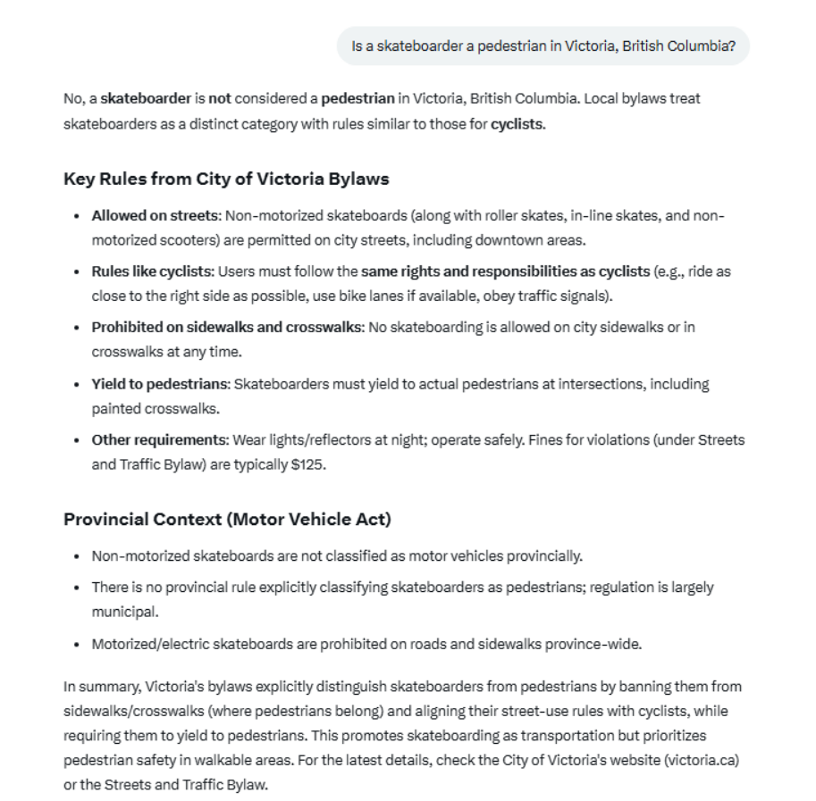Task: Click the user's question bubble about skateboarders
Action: tap(543, 46)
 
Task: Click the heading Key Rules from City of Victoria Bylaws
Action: tap(226, 179)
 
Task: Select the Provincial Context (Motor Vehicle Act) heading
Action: tap(227, 519)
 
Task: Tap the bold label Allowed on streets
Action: tap(155, 216)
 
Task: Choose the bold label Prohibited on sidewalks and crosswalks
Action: tap(227, 327)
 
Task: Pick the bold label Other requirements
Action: tap(160, 439)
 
